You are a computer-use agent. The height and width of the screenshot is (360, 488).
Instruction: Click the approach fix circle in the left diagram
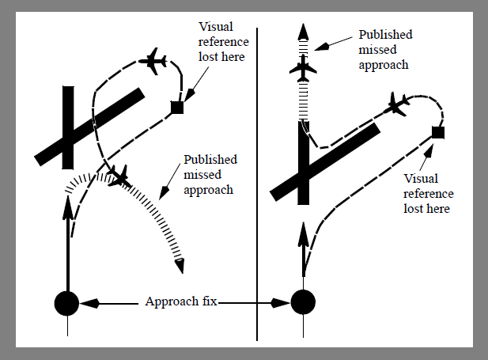pos(66,302)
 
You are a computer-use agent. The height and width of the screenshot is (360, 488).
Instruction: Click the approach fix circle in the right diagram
pos(303,301)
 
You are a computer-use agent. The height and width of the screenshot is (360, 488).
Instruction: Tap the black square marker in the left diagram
pos(177,108)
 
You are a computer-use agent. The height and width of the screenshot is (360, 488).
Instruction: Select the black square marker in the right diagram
pos(437,132)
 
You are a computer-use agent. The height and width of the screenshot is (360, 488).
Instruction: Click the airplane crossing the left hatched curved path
pos(119,175)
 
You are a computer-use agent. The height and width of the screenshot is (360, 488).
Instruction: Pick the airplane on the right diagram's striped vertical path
pos(303,70)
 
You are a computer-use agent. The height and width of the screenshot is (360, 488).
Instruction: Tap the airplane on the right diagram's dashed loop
pos(397,104)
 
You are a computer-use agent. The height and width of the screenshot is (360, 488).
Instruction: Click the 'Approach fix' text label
pos(183,302)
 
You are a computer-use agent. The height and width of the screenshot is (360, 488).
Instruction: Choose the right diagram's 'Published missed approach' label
pos(385,50)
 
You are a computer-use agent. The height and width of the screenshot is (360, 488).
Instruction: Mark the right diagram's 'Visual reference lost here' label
pos(428,193)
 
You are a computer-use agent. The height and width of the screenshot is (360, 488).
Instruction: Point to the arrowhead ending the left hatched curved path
pos(180,266)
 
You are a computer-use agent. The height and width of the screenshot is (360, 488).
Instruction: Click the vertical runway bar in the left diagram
pos(68,127)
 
